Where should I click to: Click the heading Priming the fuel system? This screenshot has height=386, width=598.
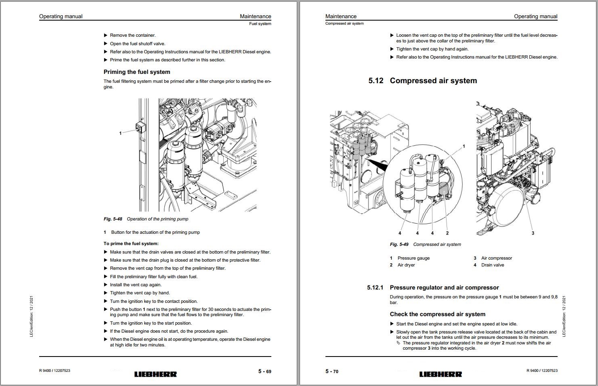coord(137,72)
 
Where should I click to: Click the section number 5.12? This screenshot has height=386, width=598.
coord(376,81)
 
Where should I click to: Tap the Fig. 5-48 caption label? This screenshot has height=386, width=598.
coord(113,219)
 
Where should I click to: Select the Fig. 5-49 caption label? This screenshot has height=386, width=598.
coord(399,244)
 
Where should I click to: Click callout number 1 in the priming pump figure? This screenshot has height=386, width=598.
coord(120,133)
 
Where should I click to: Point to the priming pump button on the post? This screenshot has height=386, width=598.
coord(139,128)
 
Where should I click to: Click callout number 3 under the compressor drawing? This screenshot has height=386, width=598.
coord(533,233)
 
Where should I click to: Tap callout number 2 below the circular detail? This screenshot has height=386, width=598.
coord(447,233)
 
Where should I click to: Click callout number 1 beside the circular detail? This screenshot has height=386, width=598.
coord(464,146)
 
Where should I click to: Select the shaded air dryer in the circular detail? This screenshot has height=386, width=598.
coord(444,190)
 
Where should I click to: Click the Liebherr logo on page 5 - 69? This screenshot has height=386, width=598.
coord(155,374)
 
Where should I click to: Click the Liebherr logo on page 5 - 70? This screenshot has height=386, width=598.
coord(441,374)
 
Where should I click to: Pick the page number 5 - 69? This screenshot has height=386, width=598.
coord(264,371)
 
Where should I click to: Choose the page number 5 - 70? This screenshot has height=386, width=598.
coord(332,371)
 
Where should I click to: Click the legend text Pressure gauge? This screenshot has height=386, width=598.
coord(413,258)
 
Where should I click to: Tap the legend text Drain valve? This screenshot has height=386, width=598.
coord(493,265)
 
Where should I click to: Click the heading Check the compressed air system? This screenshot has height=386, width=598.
coord(438,314)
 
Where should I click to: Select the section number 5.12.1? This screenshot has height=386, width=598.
coord(375,287)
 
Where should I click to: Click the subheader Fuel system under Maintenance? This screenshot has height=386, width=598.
coord(260,24)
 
